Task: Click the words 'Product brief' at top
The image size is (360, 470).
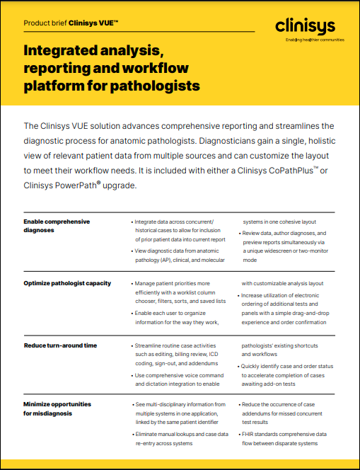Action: pos(45,23)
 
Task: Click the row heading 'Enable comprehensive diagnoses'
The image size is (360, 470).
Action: pos(57,225)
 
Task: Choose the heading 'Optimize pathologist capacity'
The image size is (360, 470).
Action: pos(67,283)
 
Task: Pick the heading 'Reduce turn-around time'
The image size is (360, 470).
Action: pos(60,345)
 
